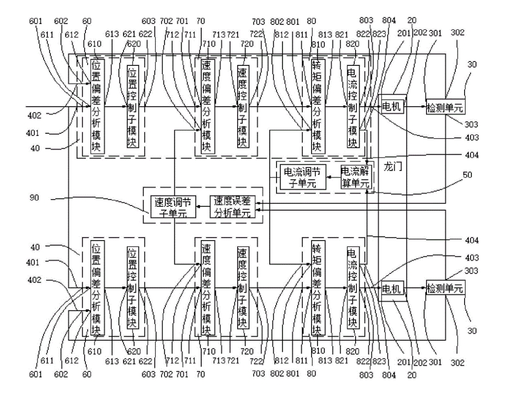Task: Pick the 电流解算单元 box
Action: [x=356, y=177]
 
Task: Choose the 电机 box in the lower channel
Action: [x=392, y=288]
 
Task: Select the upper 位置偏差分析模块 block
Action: [x=98, y=107]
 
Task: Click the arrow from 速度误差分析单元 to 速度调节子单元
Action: [x=203, y=206]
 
